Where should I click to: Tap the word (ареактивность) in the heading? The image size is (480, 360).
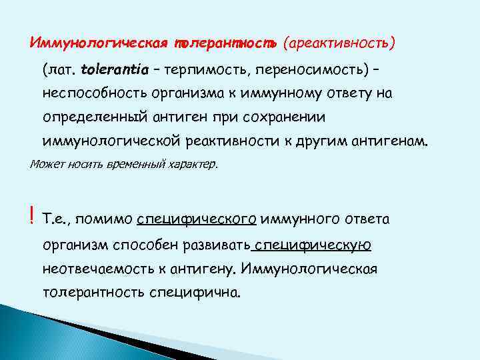coord(339,43)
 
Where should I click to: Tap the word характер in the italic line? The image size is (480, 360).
coord(192,164)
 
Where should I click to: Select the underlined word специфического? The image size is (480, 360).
coord(197,219)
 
